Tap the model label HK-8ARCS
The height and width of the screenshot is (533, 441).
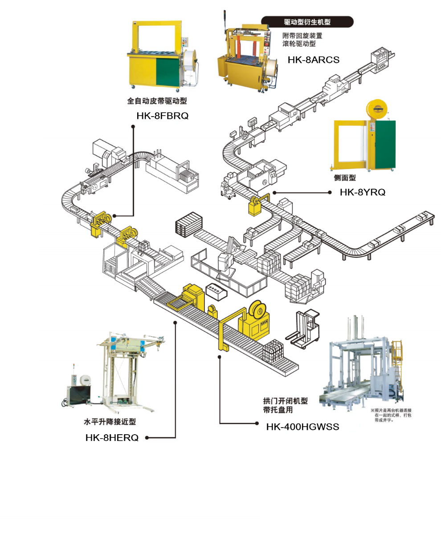(x=313, y=60)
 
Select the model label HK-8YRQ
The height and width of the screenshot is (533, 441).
(x=362, y=192)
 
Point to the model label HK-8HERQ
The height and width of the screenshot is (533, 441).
(x=112, y=438)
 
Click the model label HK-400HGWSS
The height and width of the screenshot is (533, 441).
(x=302, y=427)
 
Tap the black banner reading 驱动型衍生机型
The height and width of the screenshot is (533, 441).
(x=307, y=22)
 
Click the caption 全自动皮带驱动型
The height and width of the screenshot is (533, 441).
(x=157, y=101)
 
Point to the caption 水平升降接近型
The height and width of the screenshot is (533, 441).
(x=110, y=421)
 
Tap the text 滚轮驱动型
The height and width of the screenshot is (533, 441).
(x=299, y=44)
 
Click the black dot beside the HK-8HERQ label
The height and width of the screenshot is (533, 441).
(x=147, y=438)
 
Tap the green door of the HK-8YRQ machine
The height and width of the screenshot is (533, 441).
(x=384, y=145)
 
